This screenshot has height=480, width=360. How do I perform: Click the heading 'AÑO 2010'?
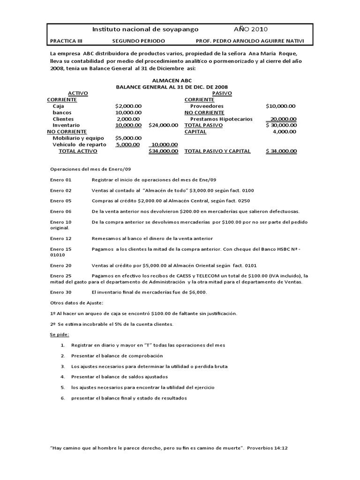251,29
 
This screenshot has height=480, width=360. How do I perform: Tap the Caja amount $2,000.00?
128,106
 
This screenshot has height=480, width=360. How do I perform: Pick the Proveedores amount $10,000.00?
280,106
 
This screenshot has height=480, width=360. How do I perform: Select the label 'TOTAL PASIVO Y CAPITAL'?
217,151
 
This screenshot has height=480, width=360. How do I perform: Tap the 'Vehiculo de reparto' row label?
79,144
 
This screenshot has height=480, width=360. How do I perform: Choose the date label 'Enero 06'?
61,211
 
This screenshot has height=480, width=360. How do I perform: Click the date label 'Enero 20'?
61,265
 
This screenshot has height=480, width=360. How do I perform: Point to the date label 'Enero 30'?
61,292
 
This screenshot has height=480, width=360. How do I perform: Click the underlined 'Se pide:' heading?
60,334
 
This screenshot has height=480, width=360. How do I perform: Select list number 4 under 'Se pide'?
63,377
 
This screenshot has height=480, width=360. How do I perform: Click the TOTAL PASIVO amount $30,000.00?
280,125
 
